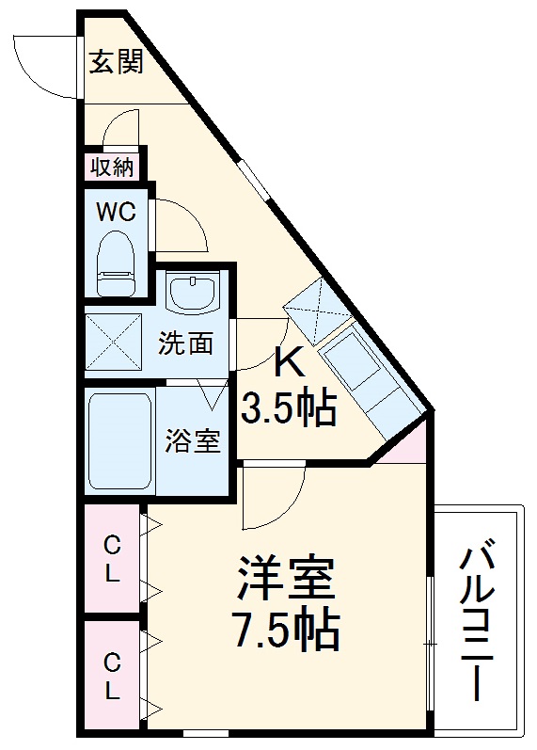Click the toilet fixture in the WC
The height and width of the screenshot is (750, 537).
coord(118,264)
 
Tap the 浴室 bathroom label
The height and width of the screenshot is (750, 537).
coord(194,440)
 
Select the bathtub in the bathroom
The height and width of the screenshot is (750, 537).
coord(119,440)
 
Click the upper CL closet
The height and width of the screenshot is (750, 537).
coord(112,560)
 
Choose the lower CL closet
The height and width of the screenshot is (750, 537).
coord(112,677)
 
